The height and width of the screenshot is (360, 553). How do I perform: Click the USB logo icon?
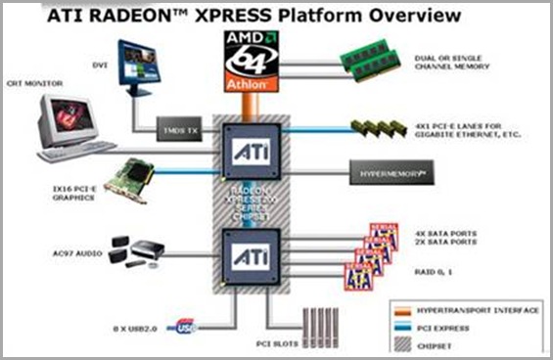pos(189,330)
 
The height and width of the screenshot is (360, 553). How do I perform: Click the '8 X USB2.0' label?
pos(139,330)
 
